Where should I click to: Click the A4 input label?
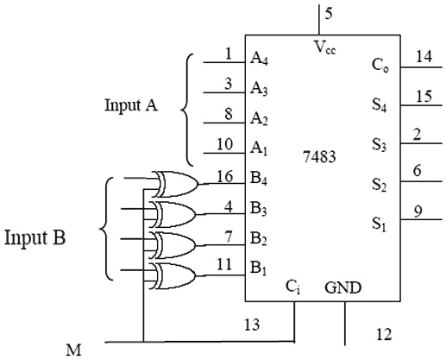coord(258,59)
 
